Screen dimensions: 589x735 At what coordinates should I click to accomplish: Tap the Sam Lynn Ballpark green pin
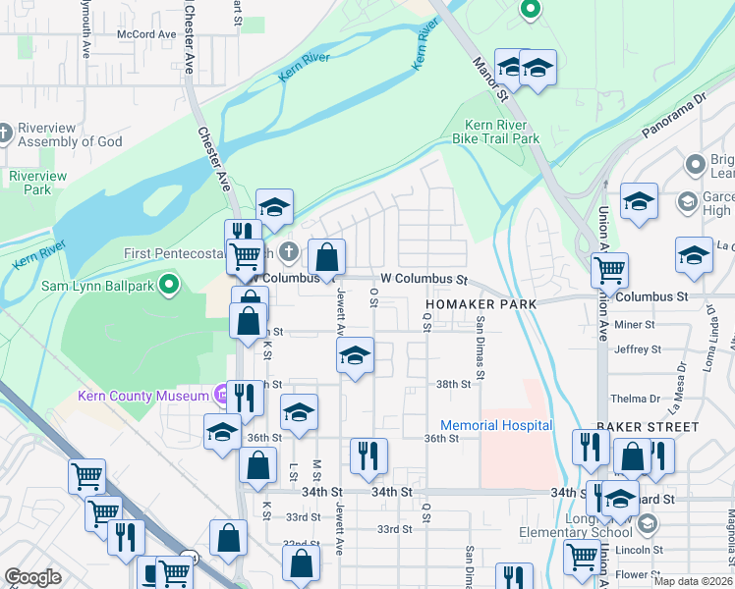click(169, 286)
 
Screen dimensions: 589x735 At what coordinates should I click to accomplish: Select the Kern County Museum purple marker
click(222, 396)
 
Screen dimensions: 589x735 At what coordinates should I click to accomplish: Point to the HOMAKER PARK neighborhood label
click(481, 304)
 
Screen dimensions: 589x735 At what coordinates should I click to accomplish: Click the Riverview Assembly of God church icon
click(6, 133)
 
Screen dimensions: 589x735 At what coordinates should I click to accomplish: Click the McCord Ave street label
click(145, 33)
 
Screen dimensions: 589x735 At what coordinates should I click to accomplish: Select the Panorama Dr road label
click(675, 115)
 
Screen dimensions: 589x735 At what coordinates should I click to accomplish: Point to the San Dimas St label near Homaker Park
click(481, 346)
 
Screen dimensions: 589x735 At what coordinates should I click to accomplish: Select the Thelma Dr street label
click(634, 399)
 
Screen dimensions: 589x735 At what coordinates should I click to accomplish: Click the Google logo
click(32, 577)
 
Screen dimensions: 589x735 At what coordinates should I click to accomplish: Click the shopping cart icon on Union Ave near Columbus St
click(609, 268)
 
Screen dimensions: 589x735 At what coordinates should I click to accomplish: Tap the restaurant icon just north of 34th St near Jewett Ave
click(369, 454)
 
